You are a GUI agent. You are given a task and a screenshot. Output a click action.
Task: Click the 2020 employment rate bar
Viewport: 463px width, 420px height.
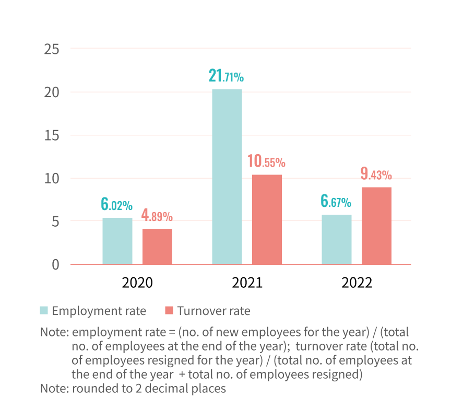(x=117, y=241)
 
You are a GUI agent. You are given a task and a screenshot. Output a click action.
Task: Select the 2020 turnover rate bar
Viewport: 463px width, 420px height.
(x=157, y=247)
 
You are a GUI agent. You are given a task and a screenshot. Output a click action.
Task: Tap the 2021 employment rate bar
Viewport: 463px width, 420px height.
(x=227, y=177)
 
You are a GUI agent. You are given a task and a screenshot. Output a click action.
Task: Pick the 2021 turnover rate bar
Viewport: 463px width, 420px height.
(x=267, y=219)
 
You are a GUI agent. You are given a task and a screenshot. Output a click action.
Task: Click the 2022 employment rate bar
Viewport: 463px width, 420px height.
(x=337, y=239)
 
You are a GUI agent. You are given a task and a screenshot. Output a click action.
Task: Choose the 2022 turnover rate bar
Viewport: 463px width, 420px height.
(x=376, y=226)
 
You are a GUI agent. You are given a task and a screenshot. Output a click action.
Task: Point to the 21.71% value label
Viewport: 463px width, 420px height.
(x=226, y=76)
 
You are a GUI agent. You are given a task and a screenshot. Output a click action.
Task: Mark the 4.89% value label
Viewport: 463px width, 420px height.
(x=157, y=215)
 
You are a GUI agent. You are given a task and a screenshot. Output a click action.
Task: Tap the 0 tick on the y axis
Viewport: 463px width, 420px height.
(x=55, y=264)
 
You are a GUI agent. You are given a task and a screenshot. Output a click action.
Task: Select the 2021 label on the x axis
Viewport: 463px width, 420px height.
(x=247, y=283)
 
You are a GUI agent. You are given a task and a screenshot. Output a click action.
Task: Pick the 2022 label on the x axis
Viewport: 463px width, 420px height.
(x=357, y=283)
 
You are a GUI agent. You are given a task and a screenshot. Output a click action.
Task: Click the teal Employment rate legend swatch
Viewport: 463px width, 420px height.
(x=44, y=311)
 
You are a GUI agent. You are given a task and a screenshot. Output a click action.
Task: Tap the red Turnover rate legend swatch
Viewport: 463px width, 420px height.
(x=169, y=311)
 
